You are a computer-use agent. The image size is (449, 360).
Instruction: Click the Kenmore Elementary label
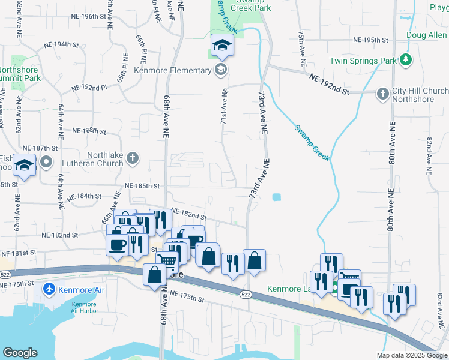pos(173,70)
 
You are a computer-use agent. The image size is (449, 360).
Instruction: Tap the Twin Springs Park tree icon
pos(406,60)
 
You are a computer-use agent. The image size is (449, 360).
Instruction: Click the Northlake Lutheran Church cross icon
pos(133,159)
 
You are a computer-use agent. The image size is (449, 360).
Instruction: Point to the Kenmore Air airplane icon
pos(50,290)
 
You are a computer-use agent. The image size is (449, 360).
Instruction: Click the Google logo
pos(20,353)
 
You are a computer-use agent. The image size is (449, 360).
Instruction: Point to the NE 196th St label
pos(88,16)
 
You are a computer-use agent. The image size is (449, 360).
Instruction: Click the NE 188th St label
pos(88,131)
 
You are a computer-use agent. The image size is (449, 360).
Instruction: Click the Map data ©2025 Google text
pos(411,355)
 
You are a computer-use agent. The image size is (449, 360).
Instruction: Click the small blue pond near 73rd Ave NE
pos(276,197)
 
